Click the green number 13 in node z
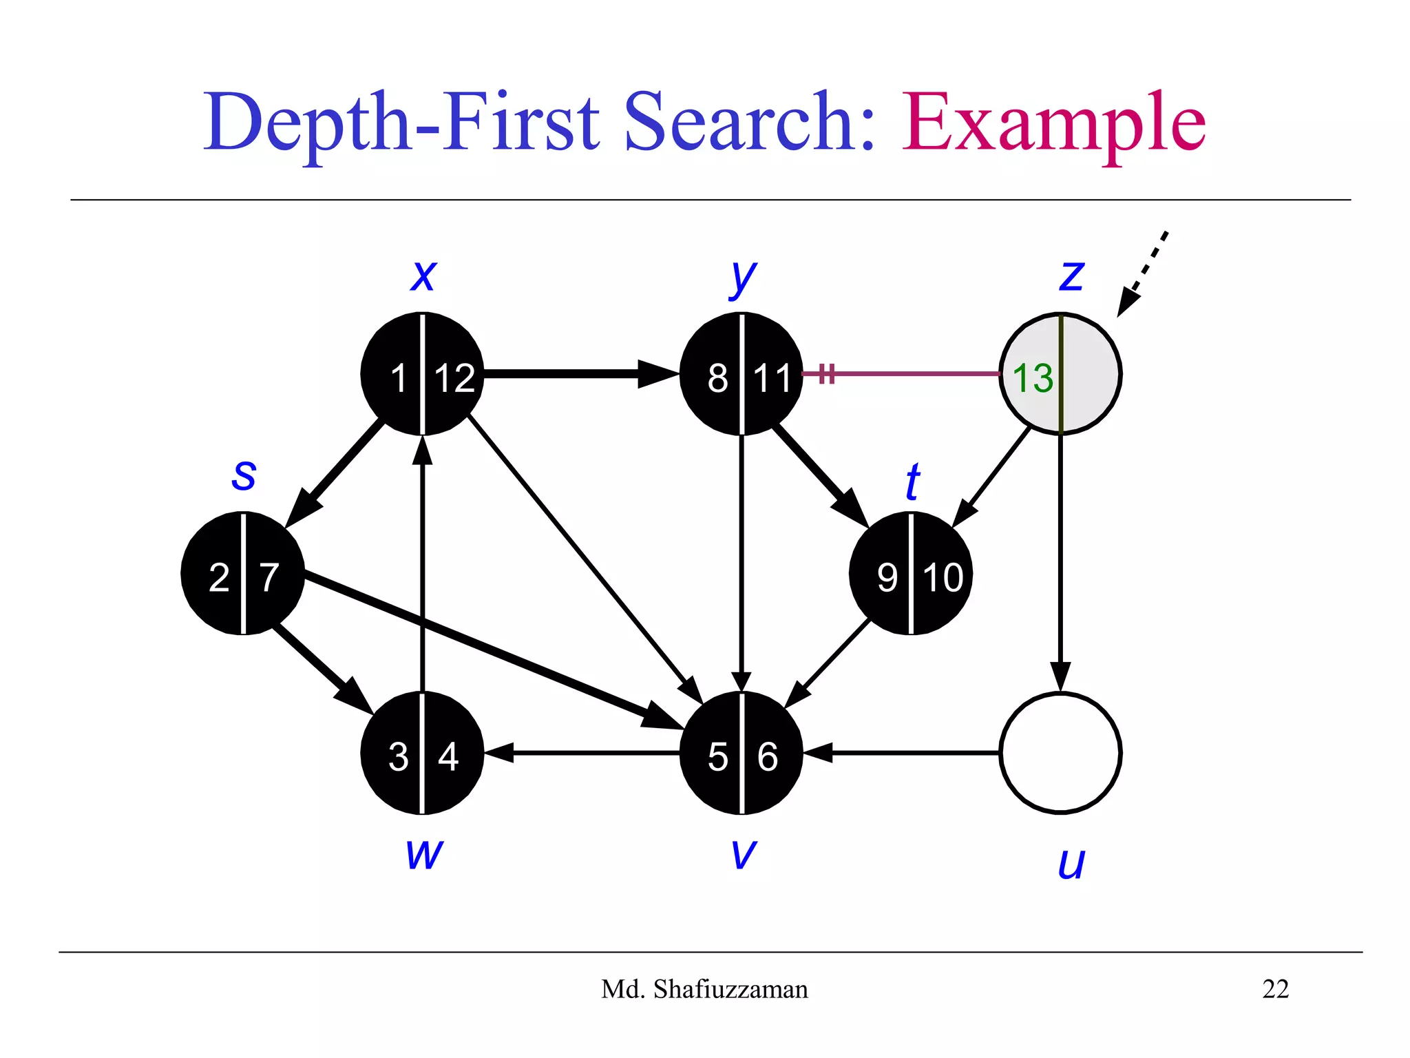(x=1032, y=378)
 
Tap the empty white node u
(x=1060, y=753)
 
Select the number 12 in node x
(x=454, y=378)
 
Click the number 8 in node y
(x=717, y=378)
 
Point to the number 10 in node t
(x=943, y=577)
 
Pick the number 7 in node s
(x=269, y=577)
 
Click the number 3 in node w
(x=398, y=756)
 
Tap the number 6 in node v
(x=768, y=756)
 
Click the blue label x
(x=423, y=276)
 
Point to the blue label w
(x=424, y=854)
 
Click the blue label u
(x=1071, y=863)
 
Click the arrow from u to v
(x=902, y=753)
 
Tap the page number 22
(x=1275, y=989)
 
